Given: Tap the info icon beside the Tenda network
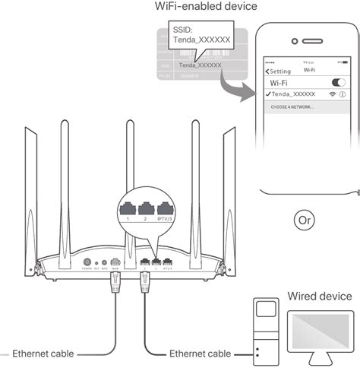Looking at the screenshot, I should pyautogui.click(x=343, y=114).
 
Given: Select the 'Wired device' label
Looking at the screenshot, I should pyautogui.click(x=318, y=295).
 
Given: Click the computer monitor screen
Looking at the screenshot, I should pyautogui.click(x=319, y=332).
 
